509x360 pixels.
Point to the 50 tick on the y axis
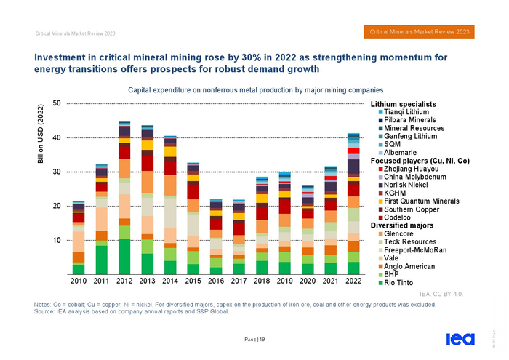coord(57,103)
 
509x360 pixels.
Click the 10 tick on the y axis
coord(57,240)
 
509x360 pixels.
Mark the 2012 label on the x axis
coord(124,281)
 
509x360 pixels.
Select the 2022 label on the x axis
coord(353,281)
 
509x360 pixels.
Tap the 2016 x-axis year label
coord(216,281)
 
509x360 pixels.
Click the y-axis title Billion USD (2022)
coord(40,138)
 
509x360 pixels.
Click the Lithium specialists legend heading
coord(403,104)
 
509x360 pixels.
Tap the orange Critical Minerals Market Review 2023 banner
coord(420,32)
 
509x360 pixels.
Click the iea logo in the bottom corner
coord(457,339)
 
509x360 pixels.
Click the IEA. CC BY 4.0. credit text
coord(442,294)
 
